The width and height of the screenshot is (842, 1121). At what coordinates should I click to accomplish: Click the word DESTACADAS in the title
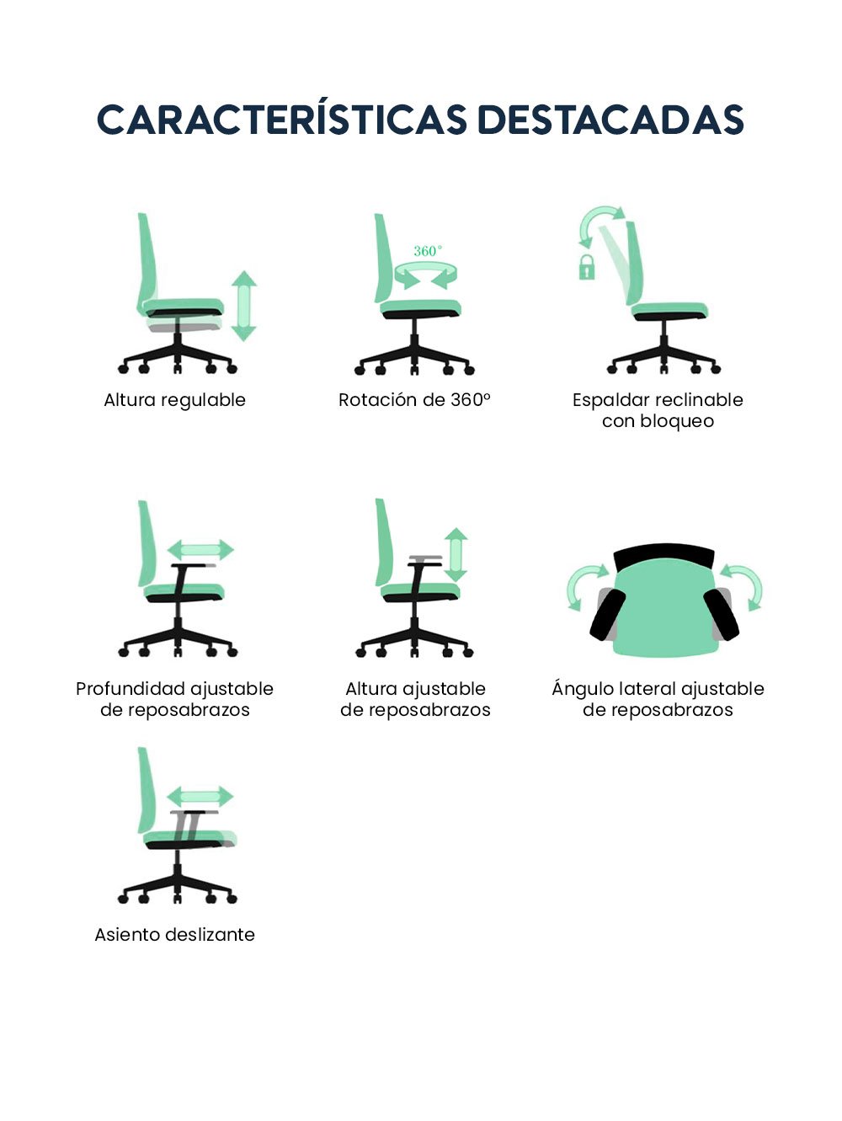pos(610,120)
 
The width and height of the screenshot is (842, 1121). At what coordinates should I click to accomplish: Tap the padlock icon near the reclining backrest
pos(587,267)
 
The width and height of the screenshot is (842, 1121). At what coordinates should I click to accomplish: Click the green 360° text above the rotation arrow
pos(428,251)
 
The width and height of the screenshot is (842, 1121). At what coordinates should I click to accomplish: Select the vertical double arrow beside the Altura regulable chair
pos(243,306)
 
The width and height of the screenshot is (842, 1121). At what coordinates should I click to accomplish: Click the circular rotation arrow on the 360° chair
pos(425,275)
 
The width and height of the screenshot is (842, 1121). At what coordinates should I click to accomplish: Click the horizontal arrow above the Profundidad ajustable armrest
pos(200,549)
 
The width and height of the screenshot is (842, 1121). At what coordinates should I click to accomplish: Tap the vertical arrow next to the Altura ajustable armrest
pos(456,554)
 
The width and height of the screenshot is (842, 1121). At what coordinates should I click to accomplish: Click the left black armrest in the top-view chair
pos(608,614)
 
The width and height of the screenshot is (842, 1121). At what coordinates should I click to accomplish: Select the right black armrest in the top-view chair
pos(721,614)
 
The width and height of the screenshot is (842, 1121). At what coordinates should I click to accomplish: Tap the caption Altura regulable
pos(174,400)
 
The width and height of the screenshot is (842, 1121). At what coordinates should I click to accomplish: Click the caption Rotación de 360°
pos(414,399)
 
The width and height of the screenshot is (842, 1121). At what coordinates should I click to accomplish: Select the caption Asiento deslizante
pos(174,934)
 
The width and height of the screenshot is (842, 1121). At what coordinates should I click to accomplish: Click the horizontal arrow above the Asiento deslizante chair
pos(200,796)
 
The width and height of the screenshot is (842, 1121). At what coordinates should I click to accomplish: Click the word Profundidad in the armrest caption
pos(131,688)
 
